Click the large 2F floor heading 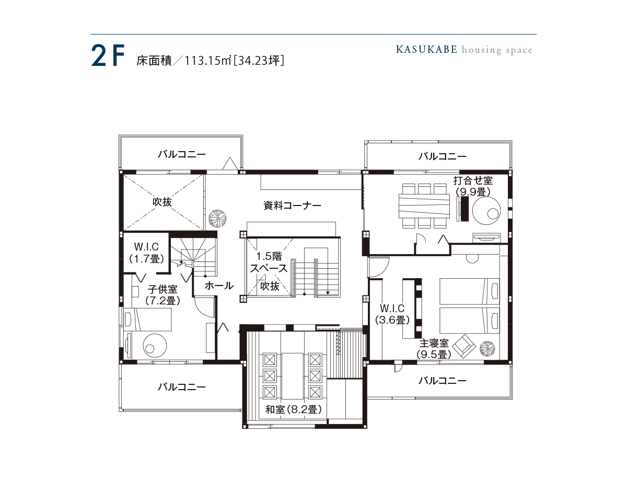tap(108, 56)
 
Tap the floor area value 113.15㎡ tap(207, 60)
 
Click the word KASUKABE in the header tap(426, 50)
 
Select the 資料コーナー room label tap(292, 206)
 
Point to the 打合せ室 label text tap(473, 180)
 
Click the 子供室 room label tap(162, 289)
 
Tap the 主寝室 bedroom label tap(434, 343)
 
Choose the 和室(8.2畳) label tap(293, 409)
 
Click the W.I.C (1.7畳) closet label tap(146, 253)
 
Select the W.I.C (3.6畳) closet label tap(392, 314)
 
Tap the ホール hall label tap(219, 286)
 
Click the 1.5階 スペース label tap(269, 263)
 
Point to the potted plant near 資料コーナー tap(217, 219)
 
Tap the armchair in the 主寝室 tap(464, 346)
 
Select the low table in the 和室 tap(293, 376)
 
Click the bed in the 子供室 tap(148, 319)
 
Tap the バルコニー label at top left tap(182, 154)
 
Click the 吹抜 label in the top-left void tap(162, 202)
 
